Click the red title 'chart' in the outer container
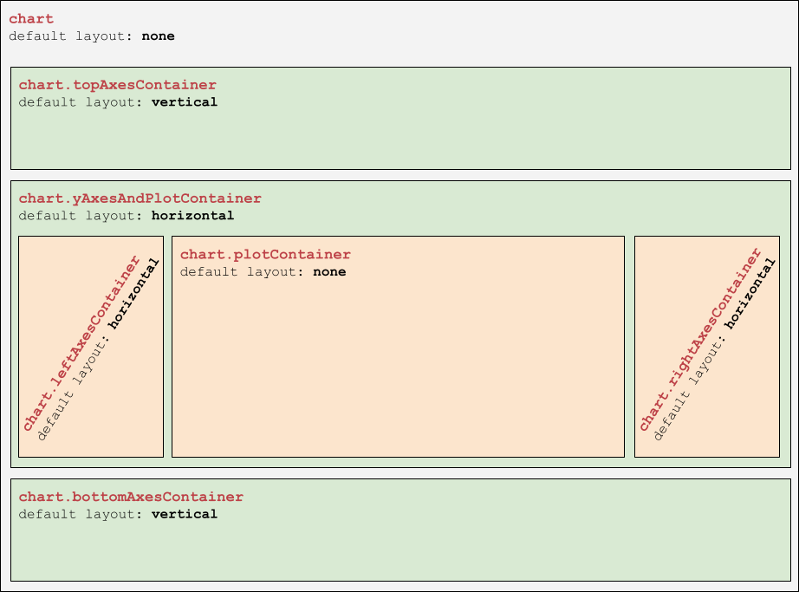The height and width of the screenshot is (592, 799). (x=31, y=19)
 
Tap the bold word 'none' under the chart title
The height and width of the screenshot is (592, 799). (x=158, y=36)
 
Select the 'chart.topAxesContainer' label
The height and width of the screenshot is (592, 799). (x=118, y=85)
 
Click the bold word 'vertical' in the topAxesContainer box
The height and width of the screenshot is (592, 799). (x=185, y=102)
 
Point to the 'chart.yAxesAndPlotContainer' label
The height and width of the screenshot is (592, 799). (x=140, y=198)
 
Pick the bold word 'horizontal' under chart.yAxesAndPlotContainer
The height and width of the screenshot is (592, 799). (x=192, y=216)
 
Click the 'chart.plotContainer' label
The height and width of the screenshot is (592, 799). (x=265, y=255)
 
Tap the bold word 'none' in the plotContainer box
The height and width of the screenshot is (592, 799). (x=329, y=272)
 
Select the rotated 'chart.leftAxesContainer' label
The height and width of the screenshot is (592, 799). (x=81, y=343)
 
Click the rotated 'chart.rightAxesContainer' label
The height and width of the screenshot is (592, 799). (x=701, y=339)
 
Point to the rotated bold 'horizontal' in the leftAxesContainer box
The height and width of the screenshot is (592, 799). (x=133, y=294)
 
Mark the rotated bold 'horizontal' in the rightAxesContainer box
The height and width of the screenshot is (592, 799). (x=750, y=294)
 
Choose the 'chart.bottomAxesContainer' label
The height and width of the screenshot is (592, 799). (x=131, y=498)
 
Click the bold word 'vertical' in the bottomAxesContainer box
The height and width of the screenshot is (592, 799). (x=185, y=514)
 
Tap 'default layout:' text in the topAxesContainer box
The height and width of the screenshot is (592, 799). (x=81, y=102)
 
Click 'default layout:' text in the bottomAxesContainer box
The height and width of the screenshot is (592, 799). (x=81, y=515)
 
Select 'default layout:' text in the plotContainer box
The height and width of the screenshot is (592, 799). (x=242, y=272)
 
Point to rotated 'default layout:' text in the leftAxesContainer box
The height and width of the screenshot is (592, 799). (x=74, y=387)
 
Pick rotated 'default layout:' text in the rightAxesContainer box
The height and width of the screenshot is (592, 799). (x=690, y=387)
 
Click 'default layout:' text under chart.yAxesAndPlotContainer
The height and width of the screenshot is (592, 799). (x=81, y=216)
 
